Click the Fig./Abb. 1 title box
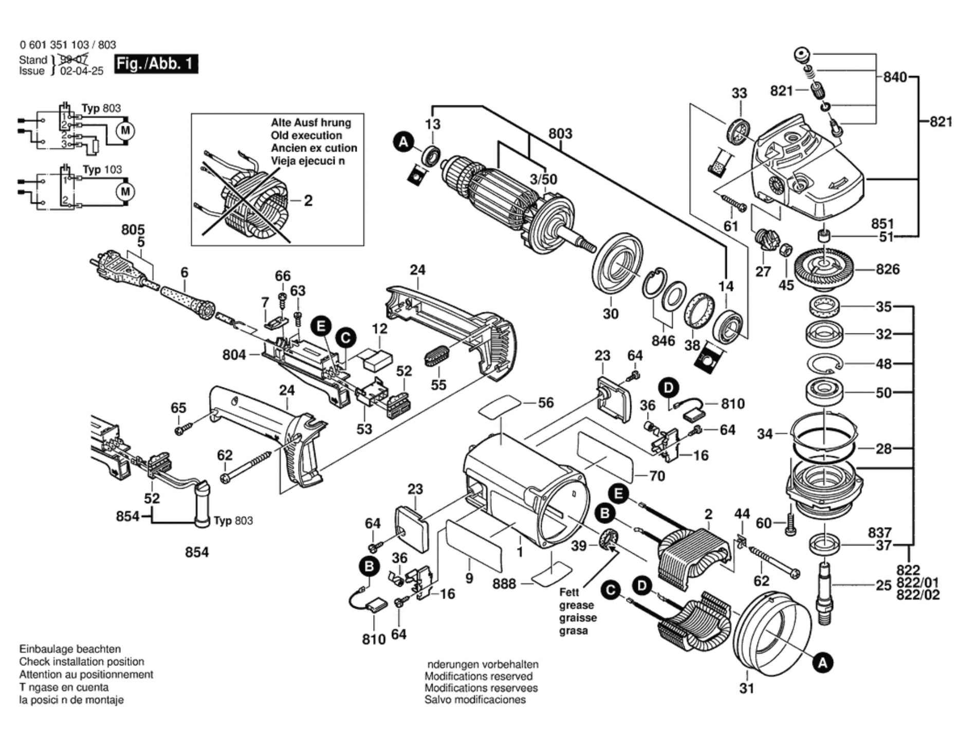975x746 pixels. pyautogui.click(x=156, y=64)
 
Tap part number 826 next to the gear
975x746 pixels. pyautogui.click(x=888, y=269)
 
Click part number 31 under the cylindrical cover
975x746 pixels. pyautogui.click(x=746, y=688)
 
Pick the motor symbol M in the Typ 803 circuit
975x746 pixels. pyautogui.click(x=125, y=130)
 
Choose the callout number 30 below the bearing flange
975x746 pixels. pyautogui.click(x=610, y=313)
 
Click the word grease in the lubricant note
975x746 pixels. pyautogui.click(x=576, y=605)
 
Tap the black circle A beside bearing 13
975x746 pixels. pyautogui.click(x=403, y=142)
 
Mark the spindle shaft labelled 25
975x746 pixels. pyautogui.click(x=824, y=591)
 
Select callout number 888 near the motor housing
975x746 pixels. pyautogui.click(x=504, y=584)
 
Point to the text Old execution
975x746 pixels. pyautogui.click(x=306, y=136)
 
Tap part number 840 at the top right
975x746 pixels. pyautogui.click(x=895, y=77)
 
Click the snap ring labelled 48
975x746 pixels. pyautogui.click(x=824, y=364)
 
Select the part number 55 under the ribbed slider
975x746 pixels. pyautogui.click(x=438, y=385)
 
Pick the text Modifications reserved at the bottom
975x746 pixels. pyautogui.click(x=478, y=676)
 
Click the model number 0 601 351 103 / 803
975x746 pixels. pyautogui.click(x=68, y=45)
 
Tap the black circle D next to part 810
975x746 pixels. pyautogui.click(x=668, y=388)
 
